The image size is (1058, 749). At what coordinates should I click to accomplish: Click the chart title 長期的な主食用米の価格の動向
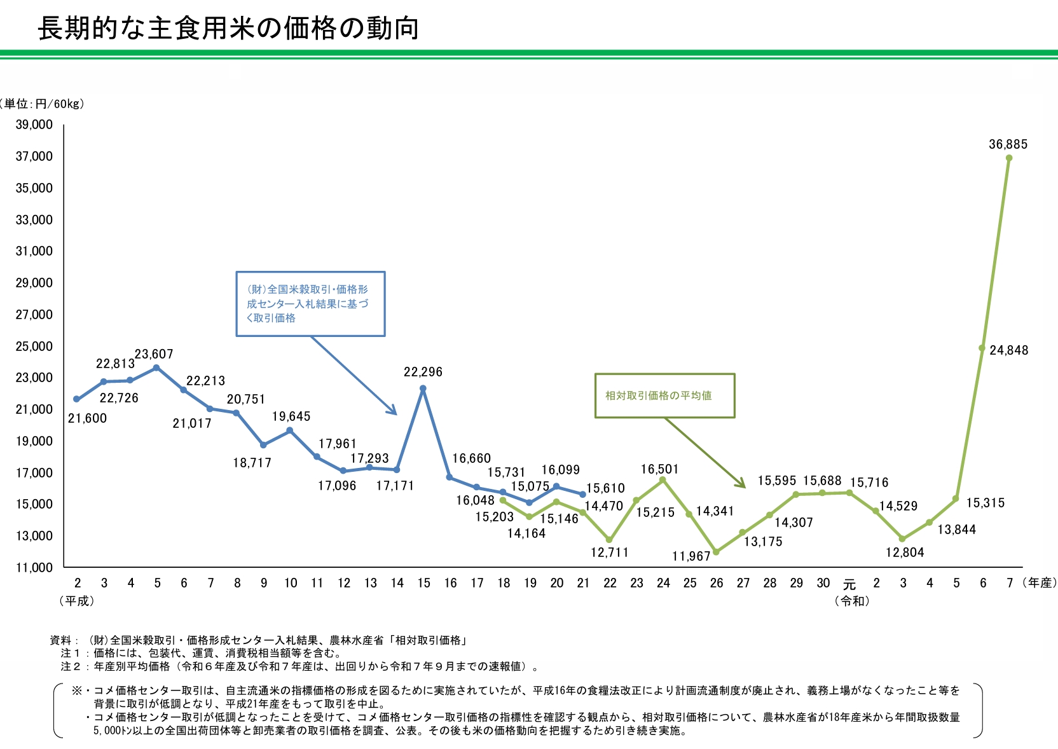(x=228, y=29)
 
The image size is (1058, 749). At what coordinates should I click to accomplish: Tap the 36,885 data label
(x=1008, y=144)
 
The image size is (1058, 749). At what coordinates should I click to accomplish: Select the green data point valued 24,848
(x=982, y=348)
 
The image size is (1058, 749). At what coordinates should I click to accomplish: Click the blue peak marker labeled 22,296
(x=423, y=388)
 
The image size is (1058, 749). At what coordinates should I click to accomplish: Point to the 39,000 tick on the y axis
(x=34, y=125)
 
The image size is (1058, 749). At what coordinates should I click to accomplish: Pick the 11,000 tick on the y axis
(x=34, y=567)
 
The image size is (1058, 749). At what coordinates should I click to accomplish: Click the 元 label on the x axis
(x=849, y=584)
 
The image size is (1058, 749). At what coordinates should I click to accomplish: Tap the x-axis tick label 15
(x=423, y=583)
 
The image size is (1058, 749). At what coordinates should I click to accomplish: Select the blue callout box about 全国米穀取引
(x=310, y=304)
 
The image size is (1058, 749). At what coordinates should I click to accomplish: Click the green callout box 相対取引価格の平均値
(x=664, y=395)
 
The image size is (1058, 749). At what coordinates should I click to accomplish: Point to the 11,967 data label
(x=691, y=556)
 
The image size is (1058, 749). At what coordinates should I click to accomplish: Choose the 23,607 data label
(x=154, y=354)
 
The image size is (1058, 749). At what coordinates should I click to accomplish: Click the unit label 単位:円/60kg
(x=43, y=104)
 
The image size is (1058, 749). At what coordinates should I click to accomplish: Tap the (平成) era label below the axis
(x=77, y=601)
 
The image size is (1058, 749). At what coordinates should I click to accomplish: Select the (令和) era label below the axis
(x=852, y=601)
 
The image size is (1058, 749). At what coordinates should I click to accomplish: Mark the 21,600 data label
(x=88, y=418)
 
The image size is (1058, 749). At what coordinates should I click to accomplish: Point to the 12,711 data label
(x=610, y=553)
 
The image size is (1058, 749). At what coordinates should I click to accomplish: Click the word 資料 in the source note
(x=61, y=640)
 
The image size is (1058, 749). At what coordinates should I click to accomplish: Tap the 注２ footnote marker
(x=71, y=666)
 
